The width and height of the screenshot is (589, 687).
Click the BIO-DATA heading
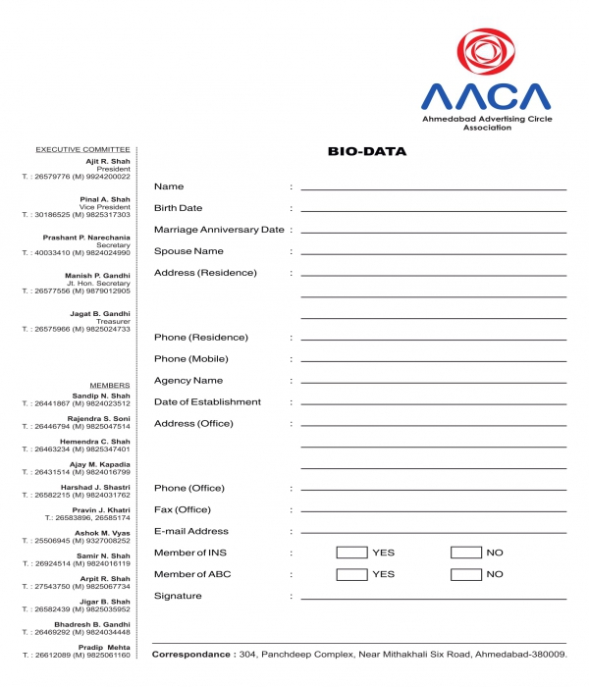[366, 152]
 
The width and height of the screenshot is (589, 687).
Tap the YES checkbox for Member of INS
[351, 553]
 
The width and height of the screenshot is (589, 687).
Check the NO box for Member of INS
[465, 553]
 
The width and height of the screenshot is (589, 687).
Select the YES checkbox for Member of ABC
[351, 574]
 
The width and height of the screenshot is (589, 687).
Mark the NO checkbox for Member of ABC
[465, 574]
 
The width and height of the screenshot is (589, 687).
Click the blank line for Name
[433, 187]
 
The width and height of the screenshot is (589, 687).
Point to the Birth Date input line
[433, 209]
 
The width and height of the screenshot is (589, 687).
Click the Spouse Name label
[188, 251]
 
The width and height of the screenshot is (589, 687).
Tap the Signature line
[433, 597]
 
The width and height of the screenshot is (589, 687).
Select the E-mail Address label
[191, 531]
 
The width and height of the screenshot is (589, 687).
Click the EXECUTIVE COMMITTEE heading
[82, 149]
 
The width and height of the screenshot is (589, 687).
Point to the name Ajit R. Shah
[108, 160]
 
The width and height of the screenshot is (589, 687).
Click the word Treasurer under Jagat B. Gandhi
[113, 321]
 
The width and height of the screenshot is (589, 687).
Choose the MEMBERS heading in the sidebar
[110, 386]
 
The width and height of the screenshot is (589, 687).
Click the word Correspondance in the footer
[192, 655]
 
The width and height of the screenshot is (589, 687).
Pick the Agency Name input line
[433, 382]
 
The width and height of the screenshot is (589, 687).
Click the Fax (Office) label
[183, 509]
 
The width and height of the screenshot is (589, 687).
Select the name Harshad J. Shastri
[101, 487]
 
